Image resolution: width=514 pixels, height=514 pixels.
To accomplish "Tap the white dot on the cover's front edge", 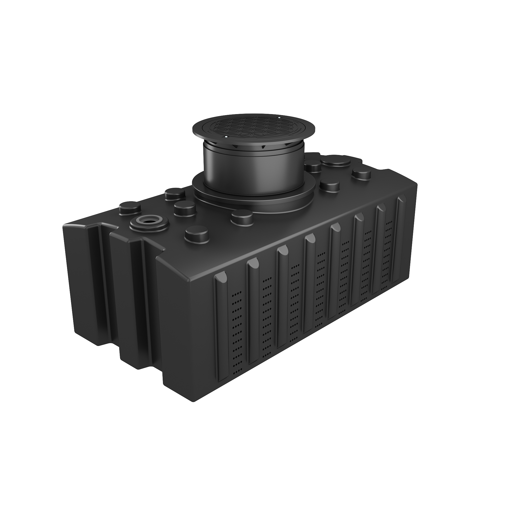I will (226, 137).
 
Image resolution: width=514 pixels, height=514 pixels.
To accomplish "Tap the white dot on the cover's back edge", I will (279, 118).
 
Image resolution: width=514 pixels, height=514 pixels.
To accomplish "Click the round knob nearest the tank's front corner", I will (197, 234).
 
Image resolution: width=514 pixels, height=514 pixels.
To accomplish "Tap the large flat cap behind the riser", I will (336, 161).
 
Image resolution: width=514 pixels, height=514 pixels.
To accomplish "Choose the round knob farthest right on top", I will (362, 174).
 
